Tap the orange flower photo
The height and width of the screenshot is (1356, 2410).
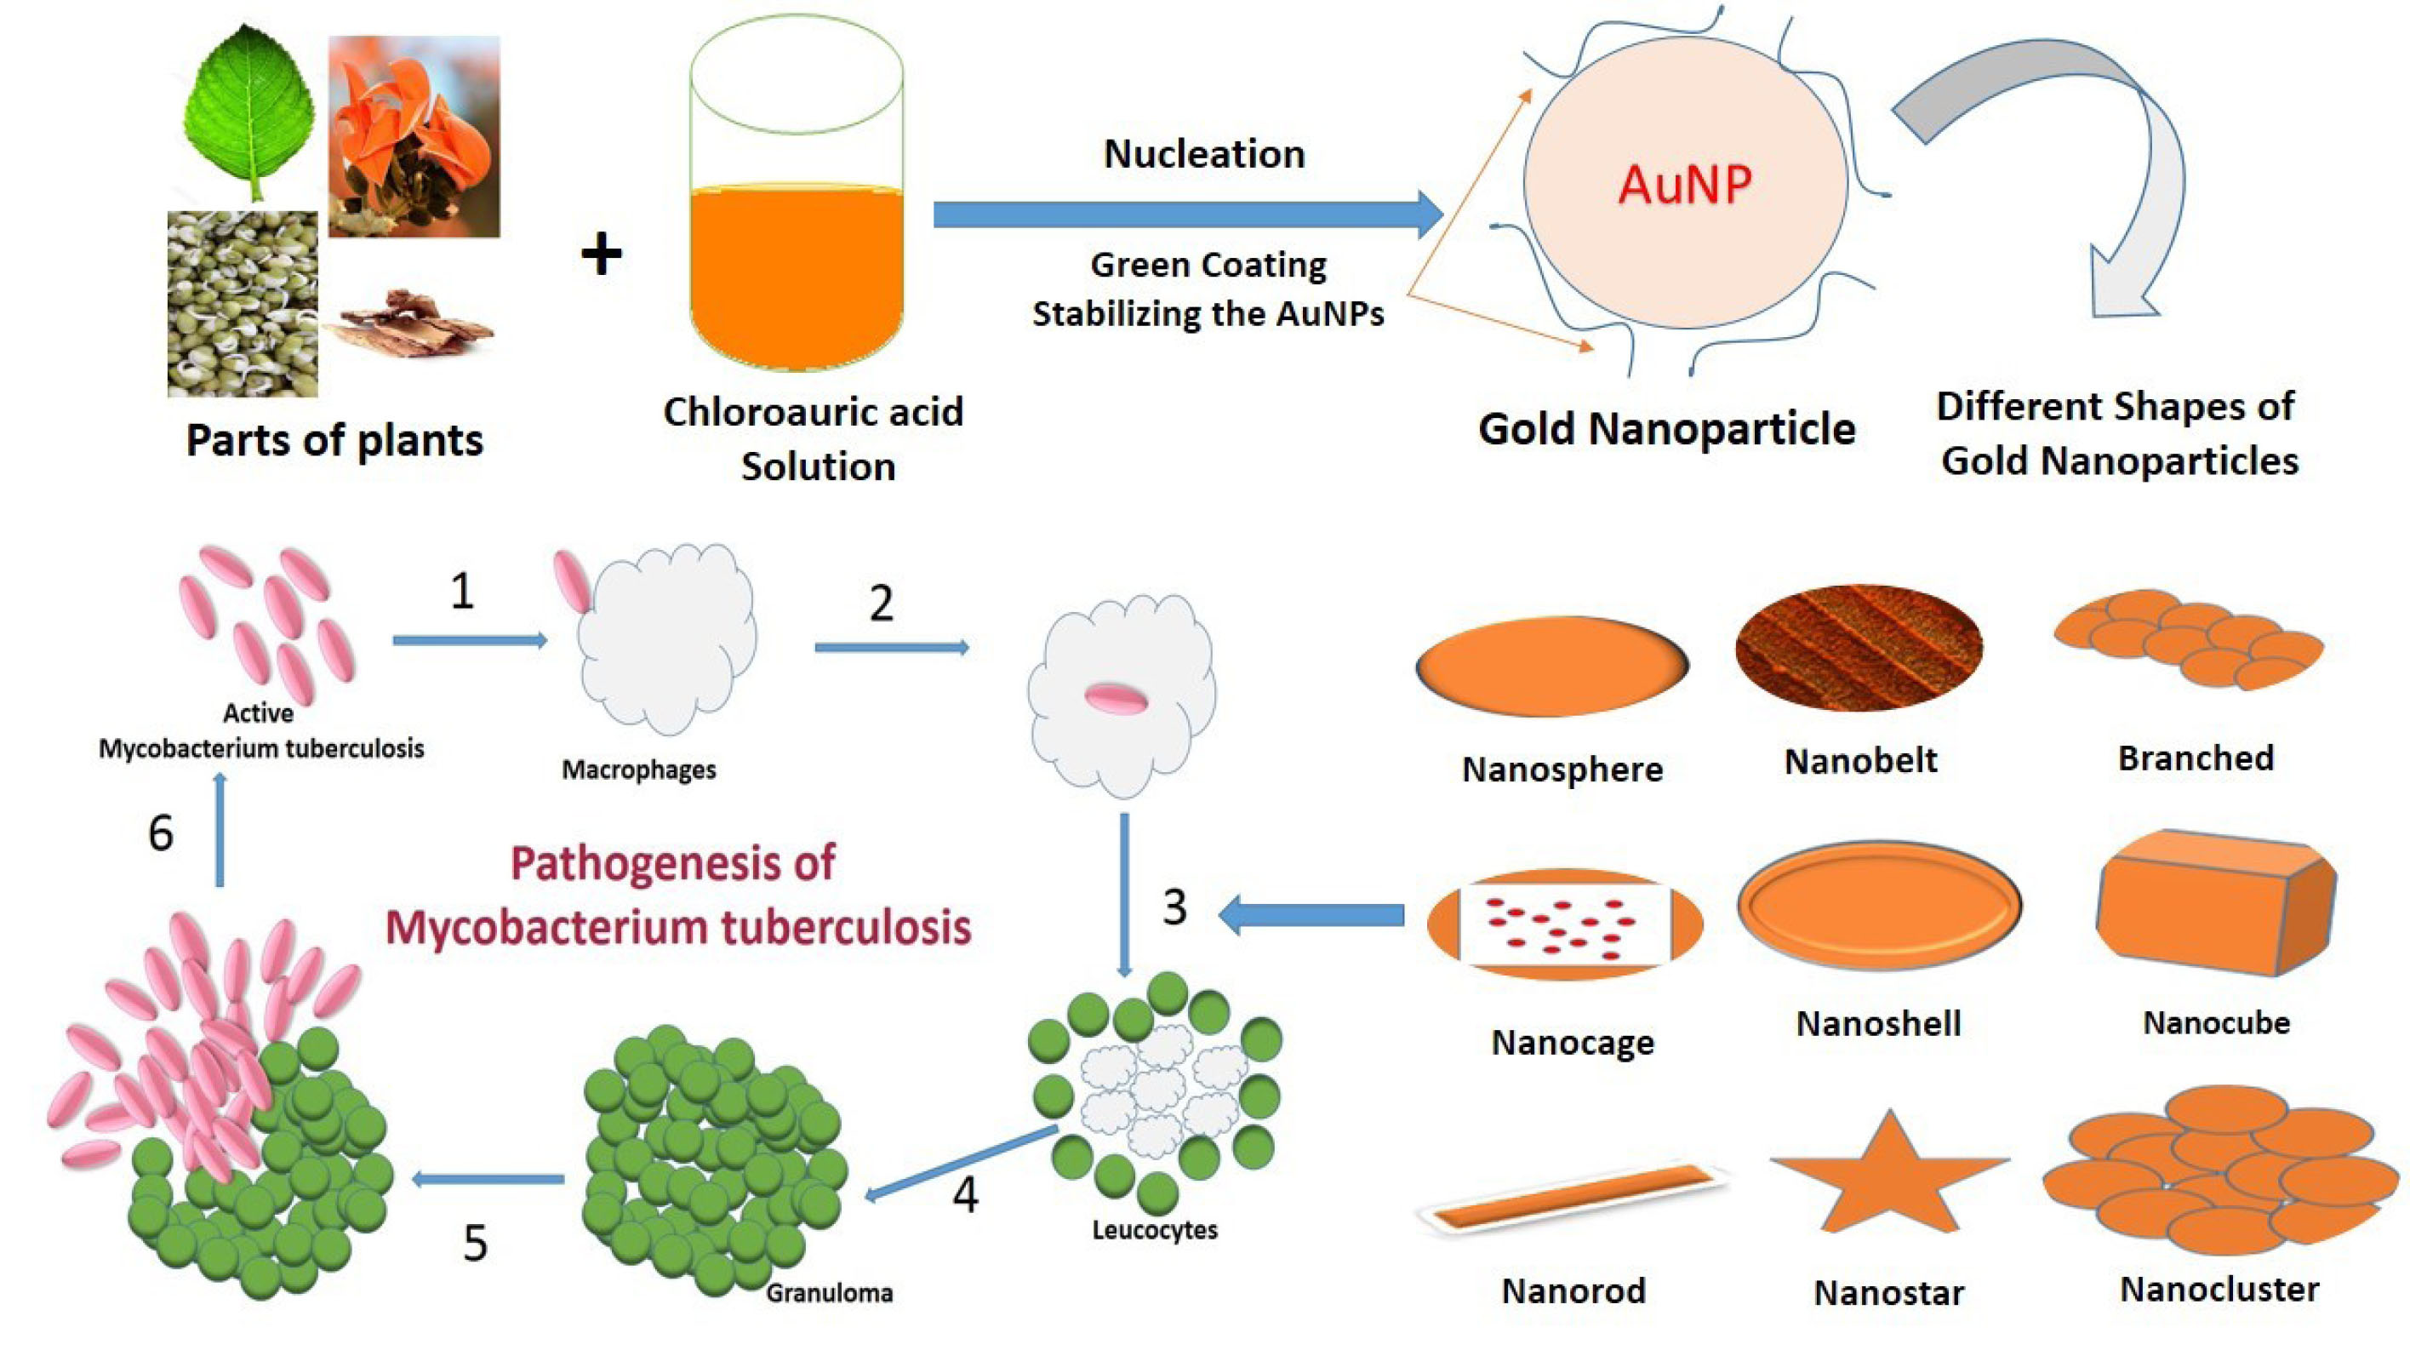tap(414, 135)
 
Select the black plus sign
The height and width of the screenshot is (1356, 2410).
tap(601, 254)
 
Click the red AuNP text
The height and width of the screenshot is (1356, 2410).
tap(1685, 185)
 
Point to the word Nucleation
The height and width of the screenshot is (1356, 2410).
tap(1204, 154)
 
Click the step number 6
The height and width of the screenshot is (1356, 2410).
tap(161, 832)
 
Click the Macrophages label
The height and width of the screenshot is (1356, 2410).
tap(638, 770)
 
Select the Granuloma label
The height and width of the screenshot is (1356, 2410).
tap(829, 1293)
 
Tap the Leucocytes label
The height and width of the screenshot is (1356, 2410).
tap(1155, 1230)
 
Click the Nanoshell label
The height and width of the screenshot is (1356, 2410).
tap(1877, 1024)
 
